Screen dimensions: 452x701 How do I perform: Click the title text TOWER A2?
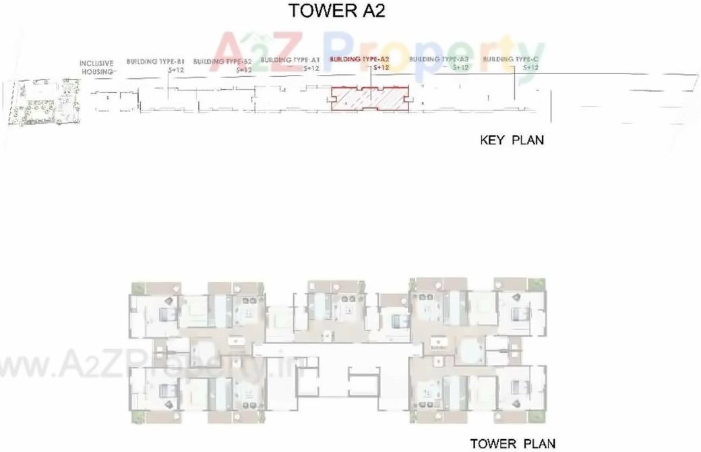pos(336,11)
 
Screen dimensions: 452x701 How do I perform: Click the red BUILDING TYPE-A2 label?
pos(359,59)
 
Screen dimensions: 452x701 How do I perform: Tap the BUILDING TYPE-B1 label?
pos(155,61)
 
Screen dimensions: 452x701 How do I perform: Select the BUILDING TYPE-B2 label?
pos(222,61)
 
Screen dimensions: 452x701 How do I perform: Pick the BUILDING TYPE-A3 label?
pos(439,59)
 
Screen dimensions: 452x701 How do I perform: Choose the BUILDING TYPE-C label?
pos(511,59)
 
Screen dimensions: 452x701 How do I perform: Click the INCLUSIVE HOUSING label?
pos(97,67)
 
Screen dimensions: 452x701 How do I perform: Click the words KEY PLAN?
pos(512,140)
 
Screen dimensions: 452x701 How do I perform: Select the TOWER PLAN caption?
pos(513,443)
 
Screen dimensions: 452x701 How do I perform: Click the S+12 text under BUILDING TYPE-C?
pos(531,67)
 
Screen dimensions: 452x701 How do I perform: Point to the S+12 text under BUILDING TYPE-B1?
pos(173,69)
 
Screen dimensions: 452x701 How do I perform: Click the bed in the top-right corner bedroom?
pos(518,314)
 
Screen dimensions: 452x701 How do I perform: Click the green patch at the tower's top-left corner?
pos(138,289)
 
